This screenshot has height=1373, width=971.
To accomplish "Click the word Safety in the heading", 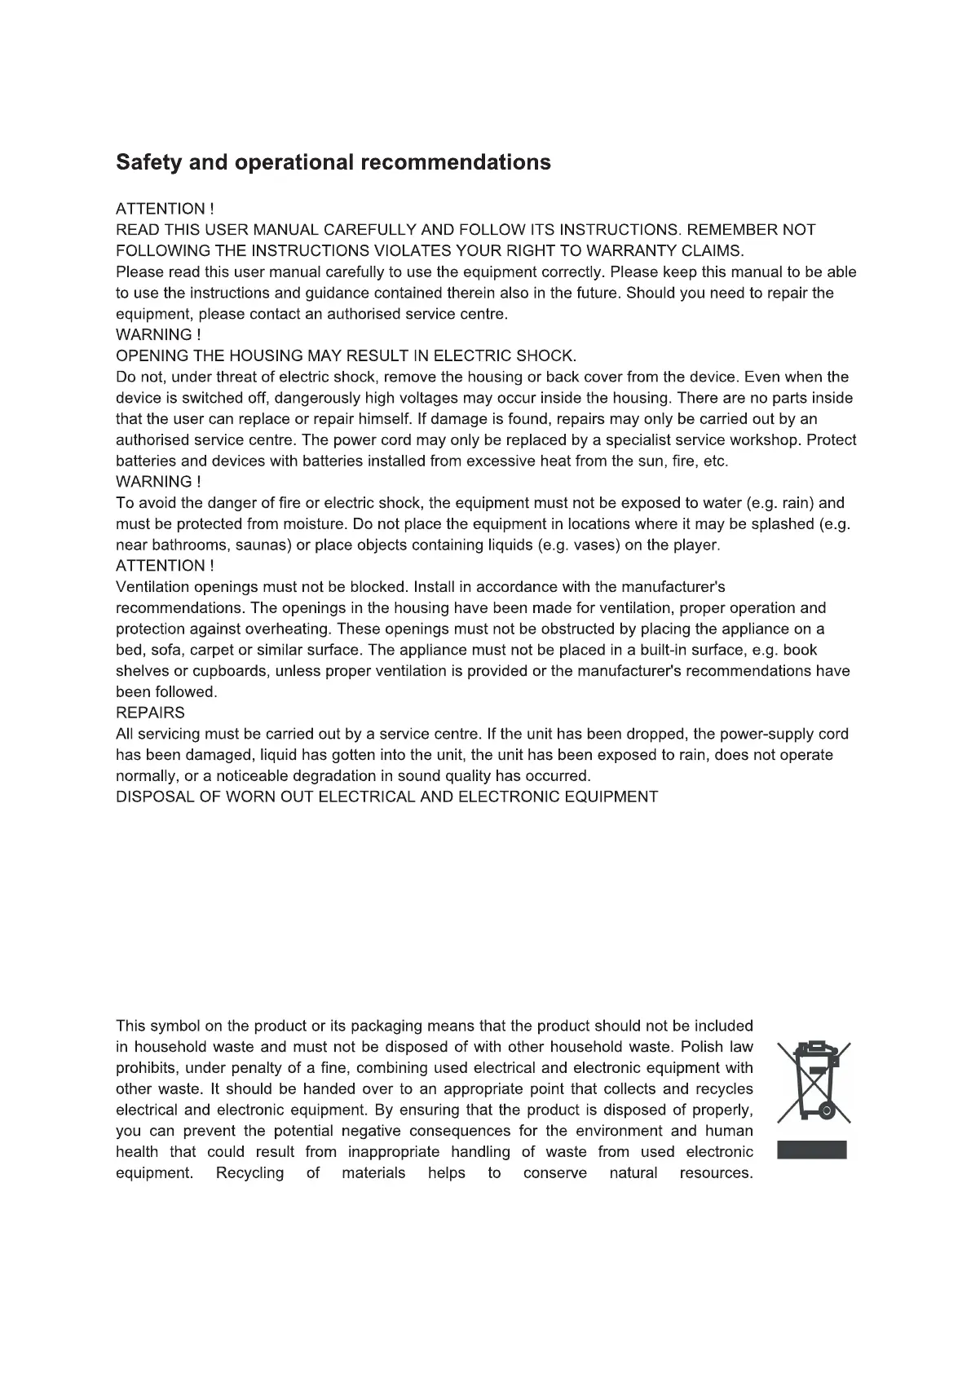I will pos(149,162).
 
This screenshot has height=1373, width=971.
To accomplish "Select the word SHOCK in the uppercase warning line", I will pos(545,355).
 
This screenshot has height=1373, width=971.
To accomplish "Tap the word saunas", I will pos(262,545).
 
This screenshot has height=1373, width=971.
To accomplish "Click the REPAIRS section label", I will pos(150,713).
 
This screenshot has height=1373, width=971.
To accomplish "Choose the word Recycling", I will pos(249,1173).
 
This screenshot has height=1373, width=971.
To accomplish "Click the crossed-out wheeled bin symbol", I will pos(813,1080).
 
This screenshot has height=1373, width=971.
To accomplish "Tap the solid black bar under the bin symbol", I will pos(812,1150).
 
